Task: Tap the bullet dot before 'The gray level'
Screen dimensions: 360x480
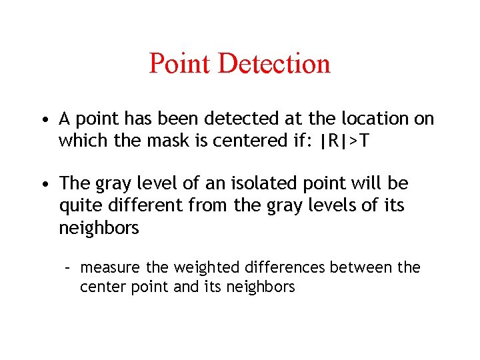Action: click(43, 184)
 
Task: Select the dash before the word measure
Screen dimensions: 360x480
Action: click(67, 268)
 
